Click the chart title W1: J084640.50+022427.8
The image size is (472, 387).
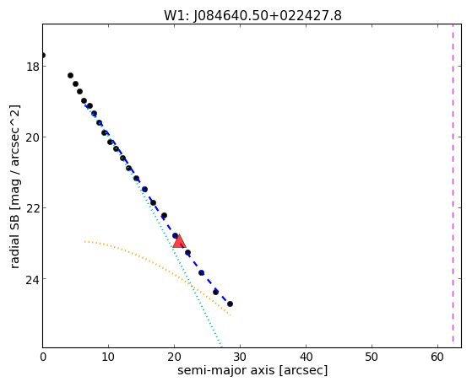pyautogui.click(x=252, y=16)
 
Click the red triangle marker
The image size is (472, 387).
pyautogui.click(x=179, y=242)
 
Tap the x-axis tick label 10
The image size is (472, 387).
pyautogui.click(x=108, y=357)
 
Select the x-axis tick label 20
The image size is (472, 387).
pyautogui.click(x=174, y=357)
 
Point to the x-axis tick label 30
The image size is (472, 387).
pyautogui.click(x=240, y=357)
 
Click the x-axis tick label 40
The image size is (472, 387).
pyautogui.click(x=306, y=357)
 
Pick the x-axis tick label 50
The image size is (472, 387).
pyautogui.click(x=372, y=357)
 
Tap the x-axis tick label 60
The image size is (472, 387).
pyautogui.click(x=437, y=357)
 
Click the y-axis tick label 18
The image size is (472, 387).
pyautogui.click(x=33, y=67)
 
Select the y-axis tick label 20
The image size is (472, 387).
pyautogui.click(x=33, y=137)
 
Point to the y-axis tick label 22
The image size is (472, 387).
pyautogui.click(x=33, y=208)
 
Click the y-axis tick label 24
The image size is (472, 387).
pyautogui.click(x=33, y=279)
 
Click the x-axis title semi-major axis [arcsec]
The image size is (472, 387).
pyautogui.click(x=252, y=371)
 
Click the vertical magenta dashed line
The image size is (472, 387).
pyautogui.click(x=453, y=185)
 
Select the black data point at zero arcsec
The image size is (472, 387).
pyautogui.click(x=43, y=55)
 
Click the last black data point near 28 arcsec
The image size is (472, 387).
pyautogui.click(x=230, y=304)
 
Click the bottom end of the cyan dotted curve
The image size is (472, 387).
pyautogui.click(x=221, y=347)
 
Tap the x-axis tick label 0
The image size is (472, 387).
pyautogui.click(x=43, y=357)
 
